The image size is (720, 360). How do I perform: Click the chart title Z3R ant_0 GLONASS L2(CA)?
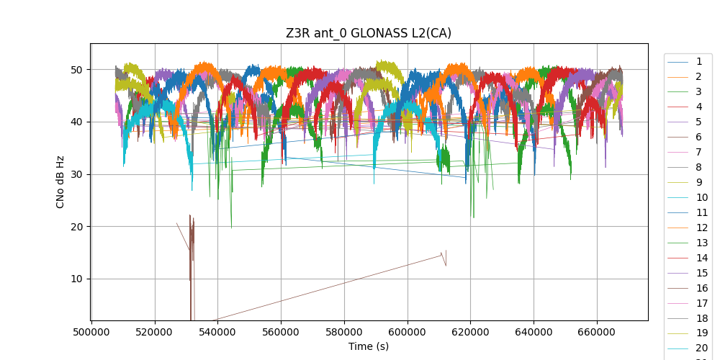click(x=369, y=33)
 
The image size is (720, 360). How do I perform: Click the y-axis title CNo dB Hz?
click(x=60, y=182)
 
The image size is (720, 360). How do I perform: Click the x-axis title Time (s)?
click(x=369, y=346)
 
